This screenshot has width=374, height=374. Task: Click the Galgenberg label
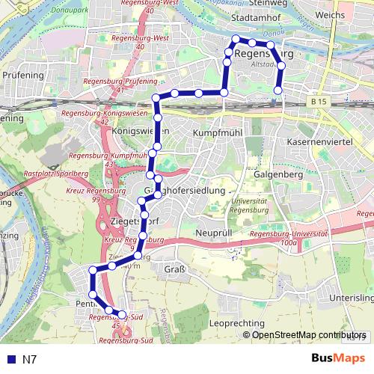tap(278, 174)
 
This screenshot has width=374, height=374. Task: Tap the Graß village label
tap(174, 270)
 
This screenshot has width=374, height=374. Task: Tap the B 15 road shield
tap(317, 101)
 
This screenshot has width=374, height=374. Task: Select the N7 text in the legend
tap(30, 360)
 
